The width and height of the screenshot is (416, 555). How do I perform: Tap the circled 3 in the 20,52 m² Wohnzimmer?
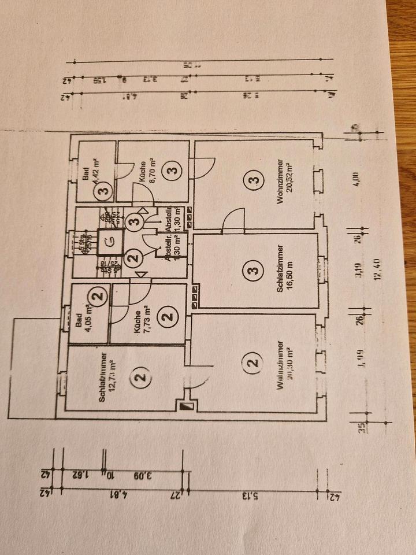[x=252, y=182]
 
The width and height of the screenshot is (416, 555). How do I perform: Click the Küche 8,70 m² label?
[x=146, y=171]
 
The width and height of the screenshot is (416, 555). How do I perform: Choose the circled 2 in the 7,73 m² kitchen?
[x=168, y=316]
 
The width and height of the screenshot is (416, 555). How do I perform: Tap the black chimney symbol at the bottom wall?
[x=185, y=408]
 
